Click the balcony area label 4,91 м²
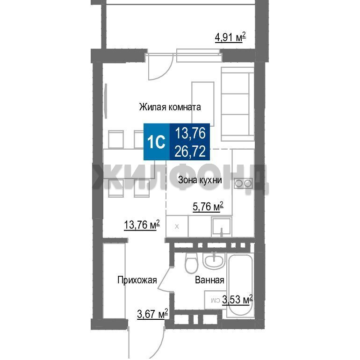[x=230, y=37]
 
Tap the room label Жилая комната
[x=170, y=107]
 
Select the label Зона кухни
[x=200, y=180]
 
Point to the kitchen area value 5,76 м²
[x=208, y=207]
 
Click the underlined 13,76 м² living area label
[x=142, y=224]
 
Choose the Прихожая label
[x=137, y=280]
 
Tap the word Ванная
[x=209, y=280]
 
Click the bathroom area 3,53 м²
[x=237, y=300]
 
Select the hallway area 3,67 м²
[x=152, y=314]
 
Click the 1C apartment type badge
[x=157, y=142]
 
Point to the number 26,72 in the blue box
[x=190, y=151]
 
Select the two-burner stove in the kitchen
[x=244, y=183]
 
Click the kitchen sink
[x=222, y=226]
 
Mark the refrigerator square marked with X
[x=177, y=226]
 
